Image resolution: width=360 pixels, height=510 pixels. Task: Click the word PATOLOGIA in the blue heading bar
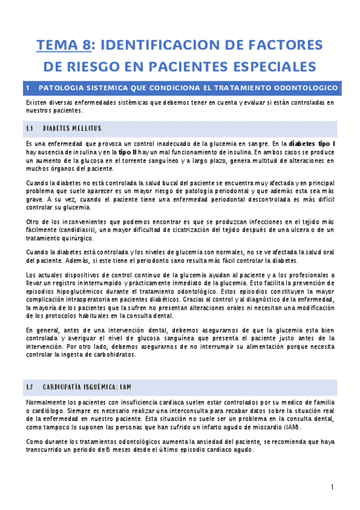point(60,88)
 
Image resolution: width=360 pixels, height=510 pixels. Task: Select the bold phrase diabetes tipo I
point(312,144)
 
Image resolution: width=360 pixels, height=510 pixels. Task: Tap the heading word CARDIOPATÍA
point(71,387)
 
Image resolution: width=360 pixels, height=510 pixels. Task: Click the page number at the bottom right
point(332,487)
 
